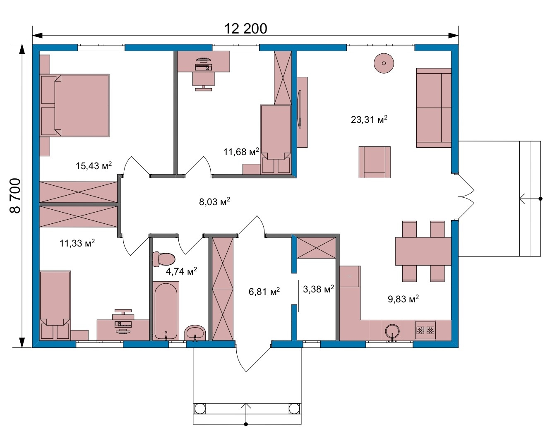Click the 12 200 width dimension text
click(x=245, y=29)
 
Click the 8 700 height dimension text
click(x=15, y=196)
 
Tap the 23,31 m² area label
click(x=369, y=119)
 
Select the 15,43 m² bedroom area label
click(x=94, y=166)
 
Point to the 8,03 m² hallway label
click(x=214, y=202)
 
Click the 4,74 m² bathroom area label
click(x=181, y=271)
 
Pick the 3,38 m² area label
click(x=318, y=289)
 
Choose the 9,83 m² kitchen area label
click(x=403, y=299)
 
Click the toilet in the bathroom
click(x=163, y=259)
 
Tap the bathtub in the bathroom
click(x=166, y=311)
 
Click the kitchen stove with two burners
click(x=425, y=330)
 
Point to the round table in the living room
click(x=384, y=63)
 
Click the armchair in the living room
click(x=375, y=162)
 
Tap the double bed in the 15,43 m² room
click(x=74, y=105)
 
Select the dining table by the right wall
click(x=423, y=251)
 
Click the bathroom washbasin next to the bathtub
click(x=195, y=333)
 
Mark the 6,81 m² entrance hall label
click(x=264, y=291)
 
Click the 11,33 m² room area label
click(x=77, y=243)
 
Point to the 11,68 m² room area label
click(x=241, y=152)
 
